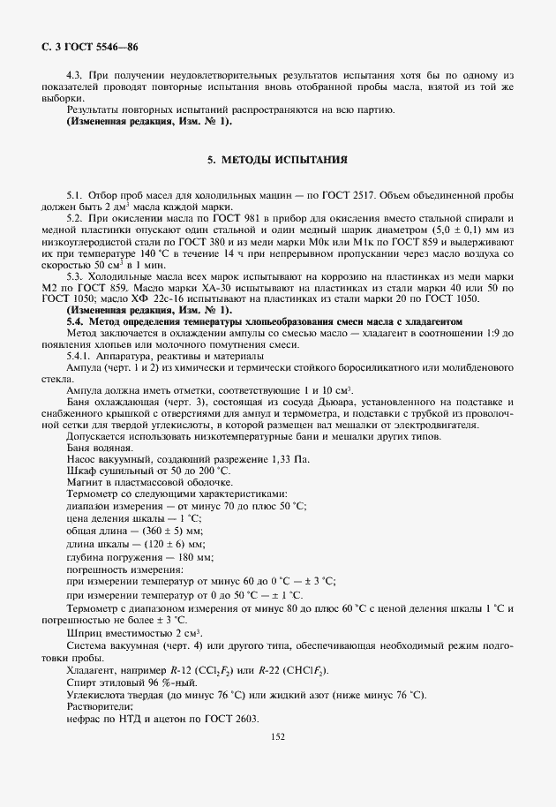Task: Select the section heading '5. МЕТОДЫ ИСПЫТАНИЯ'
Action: click(x=277, y=161)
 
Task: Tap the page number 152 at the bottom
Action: click(x=277, y=735)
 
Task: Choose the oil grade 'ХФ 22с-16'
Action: click(x=137, y=298)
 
